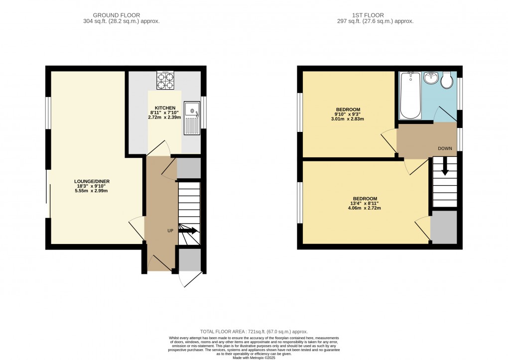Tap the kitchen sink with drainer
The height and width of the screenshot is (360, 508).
pyautogui.click(x=192, y=118)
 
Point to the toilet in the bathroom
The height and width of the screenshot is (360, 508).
pyautogui.click(x=446, y=80)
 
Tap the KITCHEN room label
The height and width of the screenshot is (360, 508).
pyautogui.click(x=165, y=108)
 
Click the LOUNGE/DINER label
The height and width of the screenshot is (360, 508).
pyautogui.click(x=92, y=181)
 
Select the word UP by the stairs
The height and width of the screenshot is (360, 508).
pyautogui.click(x=170, y=231)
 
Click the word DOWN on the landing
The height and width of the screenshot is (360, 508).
pyautogui.click(x=445, y=148)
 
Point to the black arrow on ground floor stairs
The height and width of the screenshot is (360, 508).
pyautogui.click(x=189, y=231)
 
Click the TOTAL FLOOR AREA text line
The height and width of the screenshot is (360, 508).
pyautogui.click(x=254, y=332)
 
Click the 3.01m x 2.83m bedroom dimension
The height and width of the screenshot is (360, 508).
pyautogui.click(x=348, y=120)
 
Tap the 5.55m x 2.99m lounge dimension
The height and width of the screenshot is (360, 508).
pyautogui.click(x=92, y=191)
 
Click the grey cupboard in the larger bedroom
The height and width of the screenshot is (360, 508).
pyautogui.click(x=443, y=227)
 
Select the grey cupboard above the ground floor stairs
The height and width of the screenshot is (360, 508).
pyautogui.click(x=188, y=168)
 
